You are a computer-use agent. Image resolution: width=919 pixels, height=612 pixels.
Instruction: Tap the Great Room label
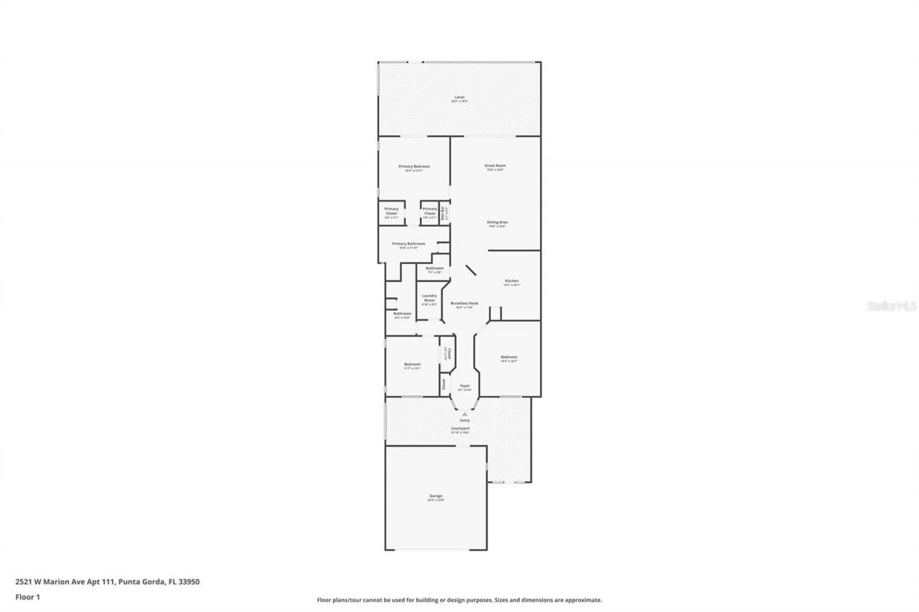coord(495,166)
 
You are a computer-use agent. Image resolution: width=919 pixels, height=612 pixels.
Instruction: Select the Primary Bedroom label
coord(414,166)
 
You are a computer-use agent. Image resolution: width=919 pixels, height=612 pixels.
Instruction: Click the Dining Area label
coord(498,222)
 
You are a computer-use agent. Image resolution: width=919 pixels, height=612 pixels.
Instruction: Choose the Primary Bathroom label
coord(409,244)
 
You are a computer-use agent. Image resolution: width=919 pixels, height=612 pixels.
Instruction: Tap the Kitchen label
coord(511,281)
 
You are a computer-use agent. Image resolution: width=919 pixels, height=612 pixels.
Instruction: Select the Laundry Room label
coord(429,298)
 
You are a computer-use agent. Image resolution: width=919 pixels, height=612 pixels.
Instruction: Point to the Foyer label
coord(465,385)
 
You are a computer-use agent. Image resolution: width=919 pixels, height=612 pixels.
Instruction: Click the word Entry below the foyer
coord(465,420)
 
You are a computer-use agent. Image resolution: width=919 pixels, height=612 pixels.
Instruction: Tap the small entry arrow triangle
coord(465,414)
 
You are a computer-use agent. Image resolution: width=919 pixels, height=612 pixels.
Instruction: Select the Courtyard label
coord(460,428)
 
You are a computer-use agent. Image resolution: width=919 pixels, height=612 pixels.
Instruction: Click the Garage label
coord(436,496)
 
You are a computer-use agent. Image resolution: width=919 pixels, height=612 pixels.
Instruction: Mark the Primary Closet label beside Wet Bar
coord(429,211)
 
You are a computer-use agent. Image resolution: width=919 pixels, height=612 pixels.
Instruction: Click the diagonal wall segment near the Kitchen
coord(471,270)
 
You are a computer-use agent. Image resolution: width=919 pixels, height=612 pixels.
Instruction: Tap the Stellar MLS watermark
coord(892,306)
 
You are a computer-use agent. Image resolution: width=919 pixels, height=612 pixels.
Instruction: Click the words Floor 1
coord(27,596)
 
